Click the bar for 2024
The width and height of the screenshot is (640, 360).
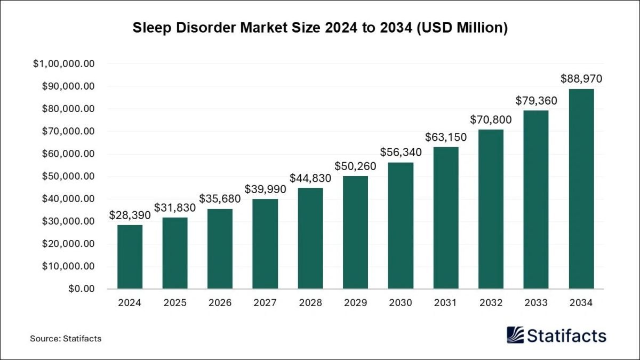click(x=130, y=257)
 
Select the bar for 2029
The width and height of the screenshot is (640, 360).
click(x=355, y=232)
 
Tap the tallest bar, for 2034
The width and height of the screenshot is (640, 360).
click(x=581, y=188)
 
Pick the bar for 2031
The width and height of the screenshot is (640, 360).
click(x=445, y=218)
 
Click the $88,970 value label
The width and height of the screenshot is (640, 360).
click(x=581, y=79)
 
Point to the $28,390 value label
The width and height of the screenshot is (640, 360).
click(x=130, y=215)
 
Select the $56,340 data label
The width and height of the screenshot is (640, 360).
click(x=401, y=152)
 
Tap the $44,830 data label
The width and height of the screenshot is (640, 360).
click(x=310, y=178)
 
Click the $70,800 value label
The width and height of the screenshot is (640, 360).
click(x=491, y=119)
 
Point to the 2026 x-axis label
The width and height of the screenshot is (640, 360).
click(x=220, y=303)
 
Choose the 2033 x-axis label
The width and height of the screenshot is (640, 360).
click(x=536, y=303)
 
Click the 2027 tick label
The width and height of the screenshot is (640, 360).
click(x=265, y=303)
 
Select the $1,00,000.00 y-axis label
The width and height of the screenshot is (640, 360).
click(x=64, y=64)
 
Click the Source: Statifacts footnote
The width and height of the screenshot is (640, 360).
click(x=66, y=338)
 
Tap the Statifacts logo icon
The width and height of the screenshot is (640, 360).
click(x=515, y=335)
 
